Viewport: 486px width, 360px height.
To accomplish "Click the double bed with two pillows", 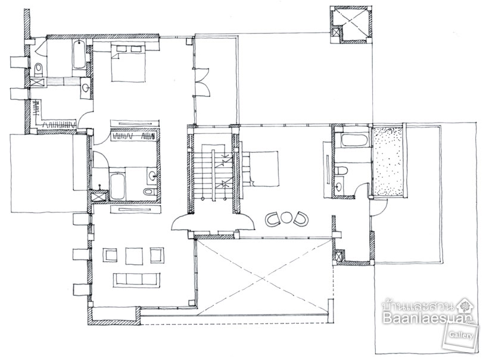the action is (127, 63).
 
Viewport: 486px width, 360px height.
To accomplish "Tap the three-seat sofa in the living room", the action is (137, 280).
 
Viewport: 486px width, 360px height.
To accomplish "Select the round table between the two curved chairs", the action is (285, 217).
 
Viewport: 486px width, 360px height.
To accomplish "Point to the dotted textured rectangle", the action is (389, 161).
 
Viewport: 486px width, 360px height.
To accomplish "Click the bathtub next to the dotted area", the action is (354, 141).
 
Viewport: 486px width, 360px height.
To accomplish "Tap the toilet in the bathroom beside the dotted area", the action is (342, 170).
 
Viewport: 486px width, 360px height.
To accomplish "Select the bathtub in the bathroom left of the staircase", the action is (117, 186).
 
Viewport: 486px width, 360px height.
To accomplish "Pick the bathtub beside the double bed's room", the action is (79, 55).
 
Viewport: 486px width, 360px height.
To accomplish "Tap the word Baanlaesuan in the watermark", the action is (428, 318).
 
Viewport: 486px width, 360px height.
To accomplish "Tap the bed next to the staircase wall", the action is (260, 168).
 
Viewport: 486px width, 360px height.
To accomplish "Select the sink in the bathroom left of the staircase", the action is (152, 176).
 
